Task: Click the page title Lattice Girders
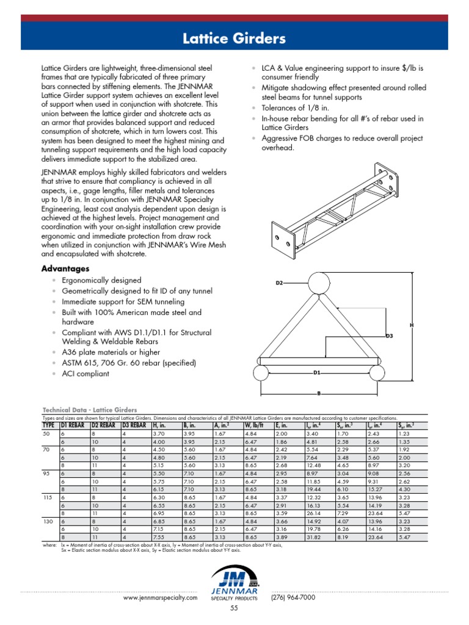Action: tap(234, 40)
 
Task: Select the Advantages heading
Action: tap(65, 269)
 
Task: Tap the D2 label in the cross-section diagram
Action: tap(280, 283)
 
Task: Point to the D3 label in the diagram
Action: tap(389, 336)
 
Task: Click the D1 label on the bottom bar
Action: tap(316, 372)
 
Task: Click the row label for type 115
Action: tap(48, 497)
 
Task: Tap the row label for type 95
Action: tap(47, 473)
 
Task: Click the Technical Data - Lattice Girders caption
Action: tap(89, 410)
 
